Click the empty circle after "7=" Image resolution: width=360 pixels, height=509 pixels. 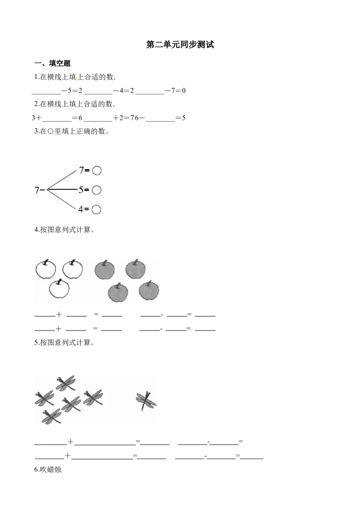click(96, 170)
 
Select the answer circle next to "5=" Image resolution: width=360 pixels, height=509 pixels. click(96, 190)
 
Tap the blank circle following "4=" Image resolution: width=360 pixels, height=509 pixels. click(96, 210)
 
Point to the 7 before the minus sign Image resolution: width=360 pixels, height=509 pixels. click(37, 190)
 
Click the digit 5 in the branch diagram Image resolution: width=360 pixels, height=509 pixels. click(81, 190)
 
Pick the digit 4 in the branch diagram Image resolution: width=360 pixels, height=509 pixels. click(81, 210)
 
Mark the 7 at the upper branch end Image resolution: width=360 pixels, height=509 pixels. click(81, 170)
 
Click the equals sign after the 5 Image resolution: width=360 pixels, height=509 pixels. click(87, 190)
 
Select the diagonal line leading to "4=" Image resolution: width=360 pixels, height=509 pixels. click(62, 200)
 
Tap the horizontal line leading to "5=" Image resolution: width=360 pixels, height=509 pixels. click(62, 190)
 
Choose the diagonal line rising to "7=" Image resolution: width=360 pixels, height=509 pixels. click(62, 180)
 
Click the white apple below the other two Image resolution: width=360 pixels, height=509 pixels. click(58, 289)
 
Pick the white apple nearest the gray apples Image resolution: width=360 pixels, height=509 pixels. click(72, 269)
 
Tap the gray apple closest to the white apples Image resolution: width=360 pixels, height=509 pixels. click(104, 270)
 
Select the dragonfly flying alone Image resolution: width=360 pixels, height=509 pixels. click(146, 400)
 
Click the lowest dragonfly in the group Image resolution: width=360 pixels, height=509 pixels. click(51, 416)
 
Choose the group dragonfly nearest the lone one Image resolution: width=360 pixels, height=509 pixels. click(93, 397)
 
